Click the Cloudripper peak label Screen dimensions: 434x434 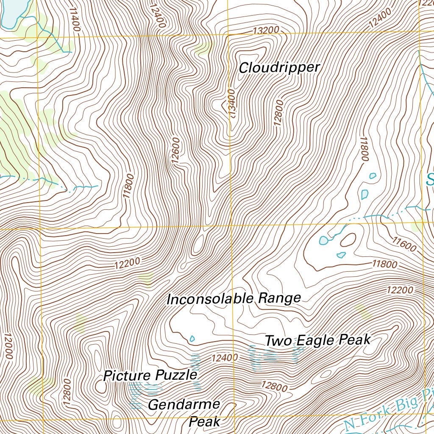pyautogui.click(x=279, y=67)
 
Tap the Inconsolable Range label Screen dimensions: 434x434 pyautogui.click(x=234, y=298)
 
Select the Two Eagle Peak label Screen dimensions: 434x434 pyautogui.click(x=317, y=340)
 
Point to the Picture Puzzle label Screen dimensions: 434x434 pyautogui.click(x=150, y=376)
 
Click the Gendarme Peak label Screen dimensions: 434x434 pyautogui.click(x=184, y=412)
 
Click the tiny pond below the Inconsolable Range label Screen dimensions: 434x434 pyautogui.click(x=192, y=338)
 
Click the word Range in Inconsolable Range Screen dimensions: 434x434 pyautogui.click(x=280, y=298)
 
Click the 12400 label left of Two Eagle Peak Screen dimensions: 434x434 pyautogui.click(x=224, y=358)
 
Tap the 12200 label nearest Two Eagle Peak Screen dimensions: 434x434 pyautogui.click(x=399, y=290)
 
